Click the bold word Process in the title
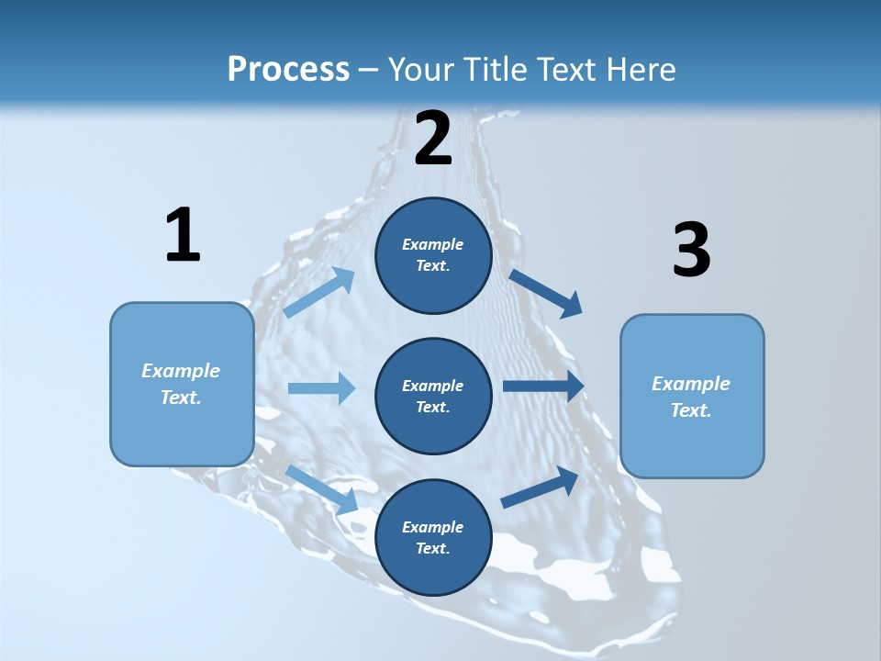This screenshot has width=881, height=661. pos(288,69)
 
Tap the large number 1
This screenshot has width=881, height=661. pos(183,235)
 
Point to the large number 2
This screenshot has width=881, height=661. pos(433,140)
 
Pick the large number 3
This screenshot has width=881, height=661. pos(691,251)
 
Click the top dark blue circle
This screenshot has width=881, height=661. pos(433,255)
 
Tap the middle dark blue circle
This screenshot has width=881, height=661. pos(433,396)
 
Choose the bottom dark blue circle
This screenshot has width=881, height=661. pos(433,537)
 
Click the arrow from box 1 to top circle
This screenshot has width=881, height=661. pos(319,293)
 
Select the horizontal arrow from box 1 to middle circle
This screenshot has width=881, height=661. pos(321,388)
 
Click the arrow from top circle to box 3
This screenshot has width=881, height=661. pos(546,293)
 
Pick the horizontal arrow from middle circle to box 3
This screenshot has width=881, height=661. pos(543,387)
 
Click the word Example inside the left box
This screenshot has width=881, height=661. pos(181,371)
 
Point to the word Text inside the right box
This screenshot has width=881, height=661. pos(690,410)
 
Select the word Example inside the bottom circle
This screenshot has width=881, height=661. pos(433,527)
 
